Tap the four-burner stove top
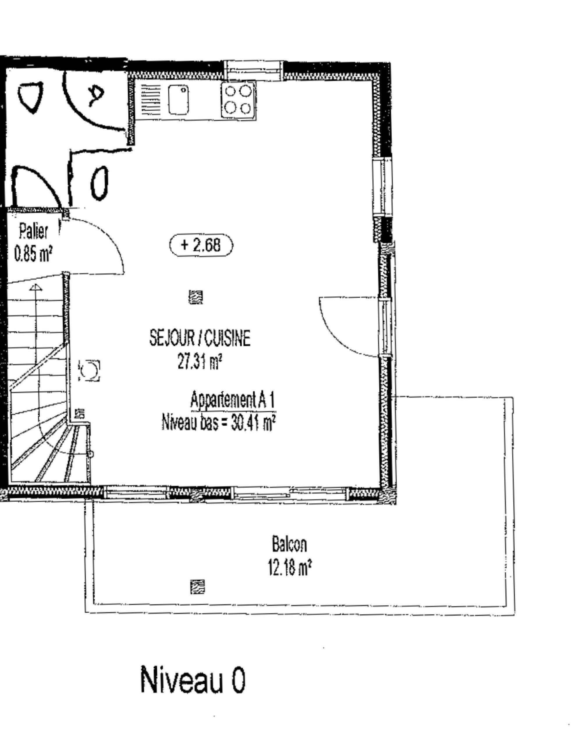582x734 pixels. pyautogui.click(x=238, y=100)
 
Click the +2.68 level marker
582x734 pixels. pyautogui.click(x=201, y=245)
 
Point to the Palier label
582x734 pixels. pyautogui.click(x=33, y=231)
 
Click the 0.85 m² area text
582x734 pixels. pyautogui.click(x=33, y=254)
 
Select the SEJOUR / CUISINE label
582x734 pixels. pyautogui.click(x=200, y=338)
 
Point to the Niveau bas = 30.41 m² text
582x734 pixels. pyautogui.click(x=219, y=422)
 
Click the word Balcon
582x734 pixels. pyautogui.click(x=289, y=544)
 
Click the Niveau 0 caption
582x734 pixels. pyautogui.click(x=193, y=680)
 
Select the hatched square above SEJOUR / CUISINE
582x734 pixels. pyautogui.click(x=196, y=297)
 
